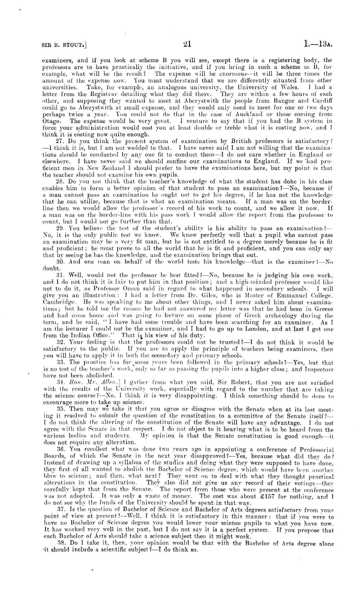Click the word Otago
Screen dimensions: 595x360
50,121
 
